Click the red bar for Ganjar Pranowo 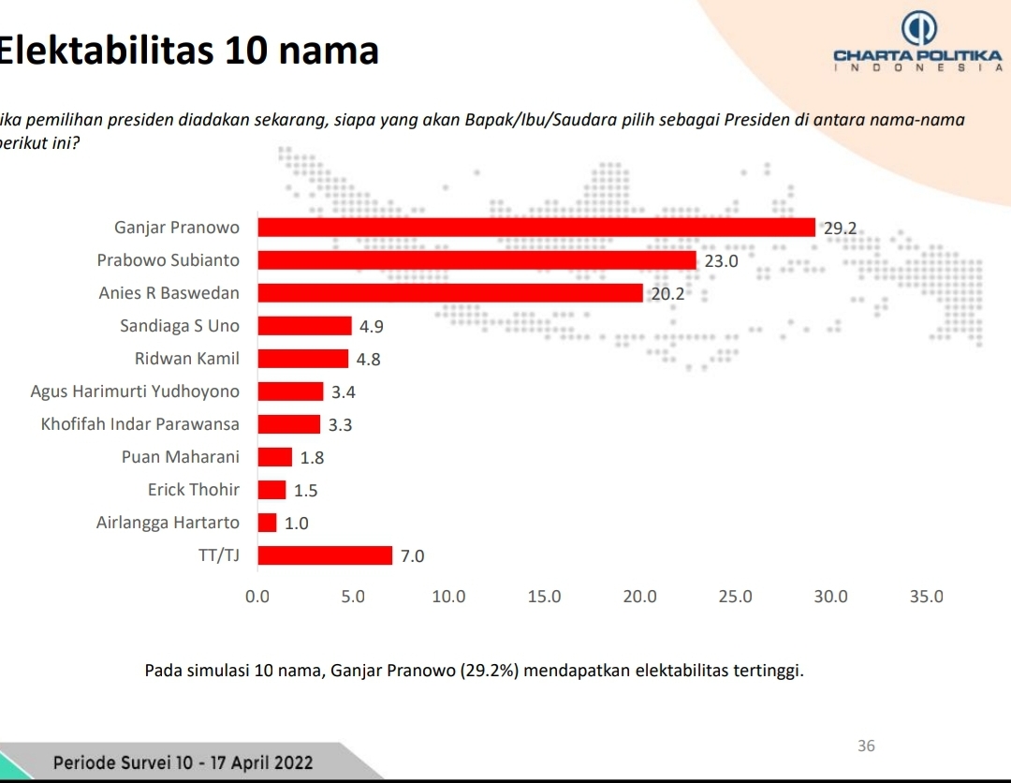(x=535, y=228)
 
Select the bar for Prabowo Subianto (x=476, y=260)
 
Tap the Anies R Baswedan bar (x=450, y=293)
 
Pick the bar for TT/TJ (x=325, y=555)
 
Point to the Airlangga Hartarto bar (x=268, y=523)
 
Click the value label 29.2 (x=840, y=228)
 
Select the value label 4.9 (x=372, y=327)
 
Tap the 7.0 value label (x=412, y=556)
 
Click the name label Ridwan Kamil (x=187, y=359)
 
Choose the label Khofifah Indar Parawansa (x=140, y=424)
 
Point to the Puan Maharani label (x=181, y=457)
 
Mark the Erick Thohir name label (x=194, y=490)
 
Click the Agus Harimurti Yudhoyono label (x=135, y=391)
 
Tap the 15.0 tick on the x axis (x=545, y=597)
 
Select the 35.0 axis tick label (x=927, y=597)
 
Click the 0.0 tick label (x=256, y=597)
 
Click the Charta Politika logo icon (x=917, y=29)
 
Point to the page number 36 (x=866, y=746)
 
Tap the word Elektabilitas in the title (x=106, y=50)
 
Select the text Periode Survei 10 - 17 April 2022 (x=183, y=762)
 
